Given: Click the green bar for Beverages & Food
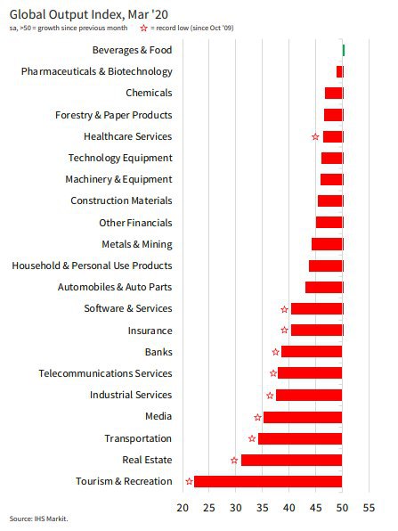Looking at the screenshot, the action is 344,51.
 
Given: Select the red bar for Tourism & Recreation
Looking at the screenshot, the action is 268,481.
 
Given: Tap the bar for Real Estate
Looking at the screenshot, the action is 291,460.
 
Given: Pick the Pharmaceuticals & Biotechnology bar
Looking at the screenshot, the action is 340,72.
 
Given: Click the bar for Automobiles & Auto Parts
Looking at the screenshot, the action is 324,287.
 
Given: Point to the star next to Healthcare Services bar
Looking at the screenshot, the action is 315,137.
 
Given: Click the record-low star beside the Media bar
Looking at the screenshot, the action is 258,417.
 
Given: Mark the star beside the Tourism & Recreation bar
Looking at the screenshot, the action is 189,481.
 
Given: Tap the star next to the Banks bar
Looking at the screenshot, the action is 276,352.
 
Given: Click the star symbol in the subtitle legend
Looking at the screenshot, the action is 144,29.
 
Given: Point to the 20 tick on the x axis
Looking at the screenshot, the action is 183,508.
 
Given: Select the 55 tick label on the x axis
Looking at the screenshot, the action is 369,508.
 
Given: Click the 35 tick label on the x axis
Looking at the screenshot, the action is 263,508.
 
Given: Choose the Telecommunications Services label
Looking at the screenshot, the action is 105,373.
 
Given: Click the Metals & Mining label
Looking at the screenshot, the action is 137,244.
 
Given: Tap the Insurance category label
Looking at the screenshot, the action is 150,331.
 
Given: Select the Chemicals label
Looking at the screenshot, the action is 149,93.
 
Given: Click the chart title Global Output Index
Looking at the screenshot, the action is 89,14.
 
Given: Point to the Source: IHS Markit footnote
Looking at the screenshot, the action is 38,519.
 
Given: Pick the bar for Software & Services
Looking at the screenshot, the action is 317,309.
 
